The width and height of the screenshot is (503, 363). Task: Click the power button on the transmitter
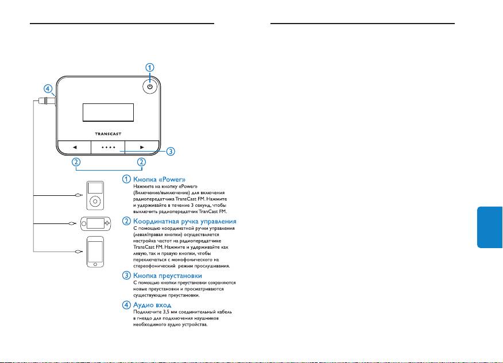point(150,87)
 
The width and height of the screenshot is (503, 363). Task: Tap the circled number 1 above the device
point(150,67)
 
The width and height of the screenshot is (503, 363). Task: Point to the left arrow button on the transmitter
point(74,146)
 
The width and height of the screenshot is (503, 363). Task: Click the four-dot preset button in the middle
point(108,146)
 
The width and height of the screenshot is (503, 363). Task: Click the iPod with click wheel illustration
point(96,196)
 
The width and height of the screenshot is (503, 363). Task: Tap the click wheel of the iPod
point(96,202)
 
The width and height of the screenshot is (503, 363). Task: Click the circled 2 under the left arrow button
point(75,163)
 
